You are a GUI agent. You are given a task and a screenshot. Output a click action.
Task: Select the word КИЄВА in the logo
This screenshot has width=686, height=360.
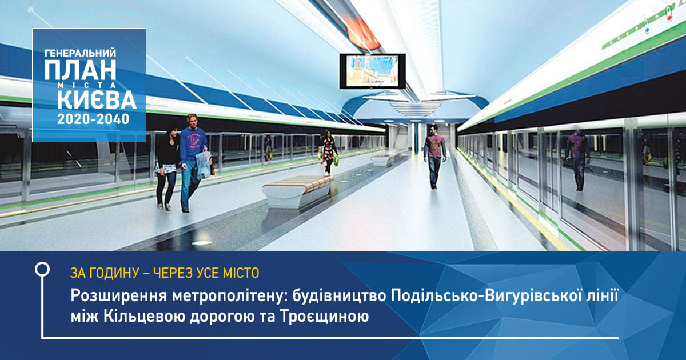point(96,100)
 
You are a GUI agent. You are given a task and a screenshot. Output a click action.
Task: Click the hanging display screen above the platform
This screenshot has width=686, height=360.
point(372,71)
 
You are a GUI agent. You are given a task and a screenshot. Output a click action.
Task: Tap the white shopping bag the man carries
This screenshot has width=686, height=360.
point(202,165)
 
